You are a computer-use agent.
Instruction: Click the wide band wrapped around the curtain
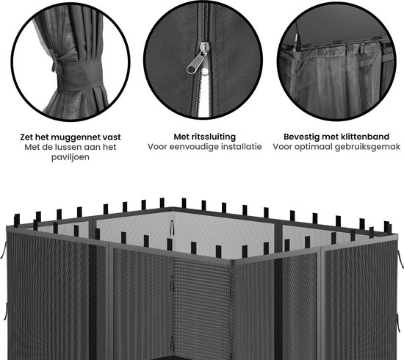point(80,73)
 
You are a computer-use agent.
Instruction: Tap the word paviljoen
point(71,157)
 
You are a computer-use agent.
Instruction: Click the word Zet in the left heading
point(26,137)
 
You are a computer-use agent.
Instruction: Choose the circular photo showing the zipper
point(203,60)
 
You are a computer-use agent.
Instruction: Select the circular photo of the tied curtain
point(70,62)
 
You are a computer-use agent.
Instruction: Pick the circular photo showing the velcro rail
point(336,61)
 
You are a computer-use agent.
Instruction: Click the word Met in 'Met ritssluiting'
point(181,137)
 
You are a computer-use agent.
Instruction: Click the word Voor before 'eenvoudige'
point(157,147)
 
